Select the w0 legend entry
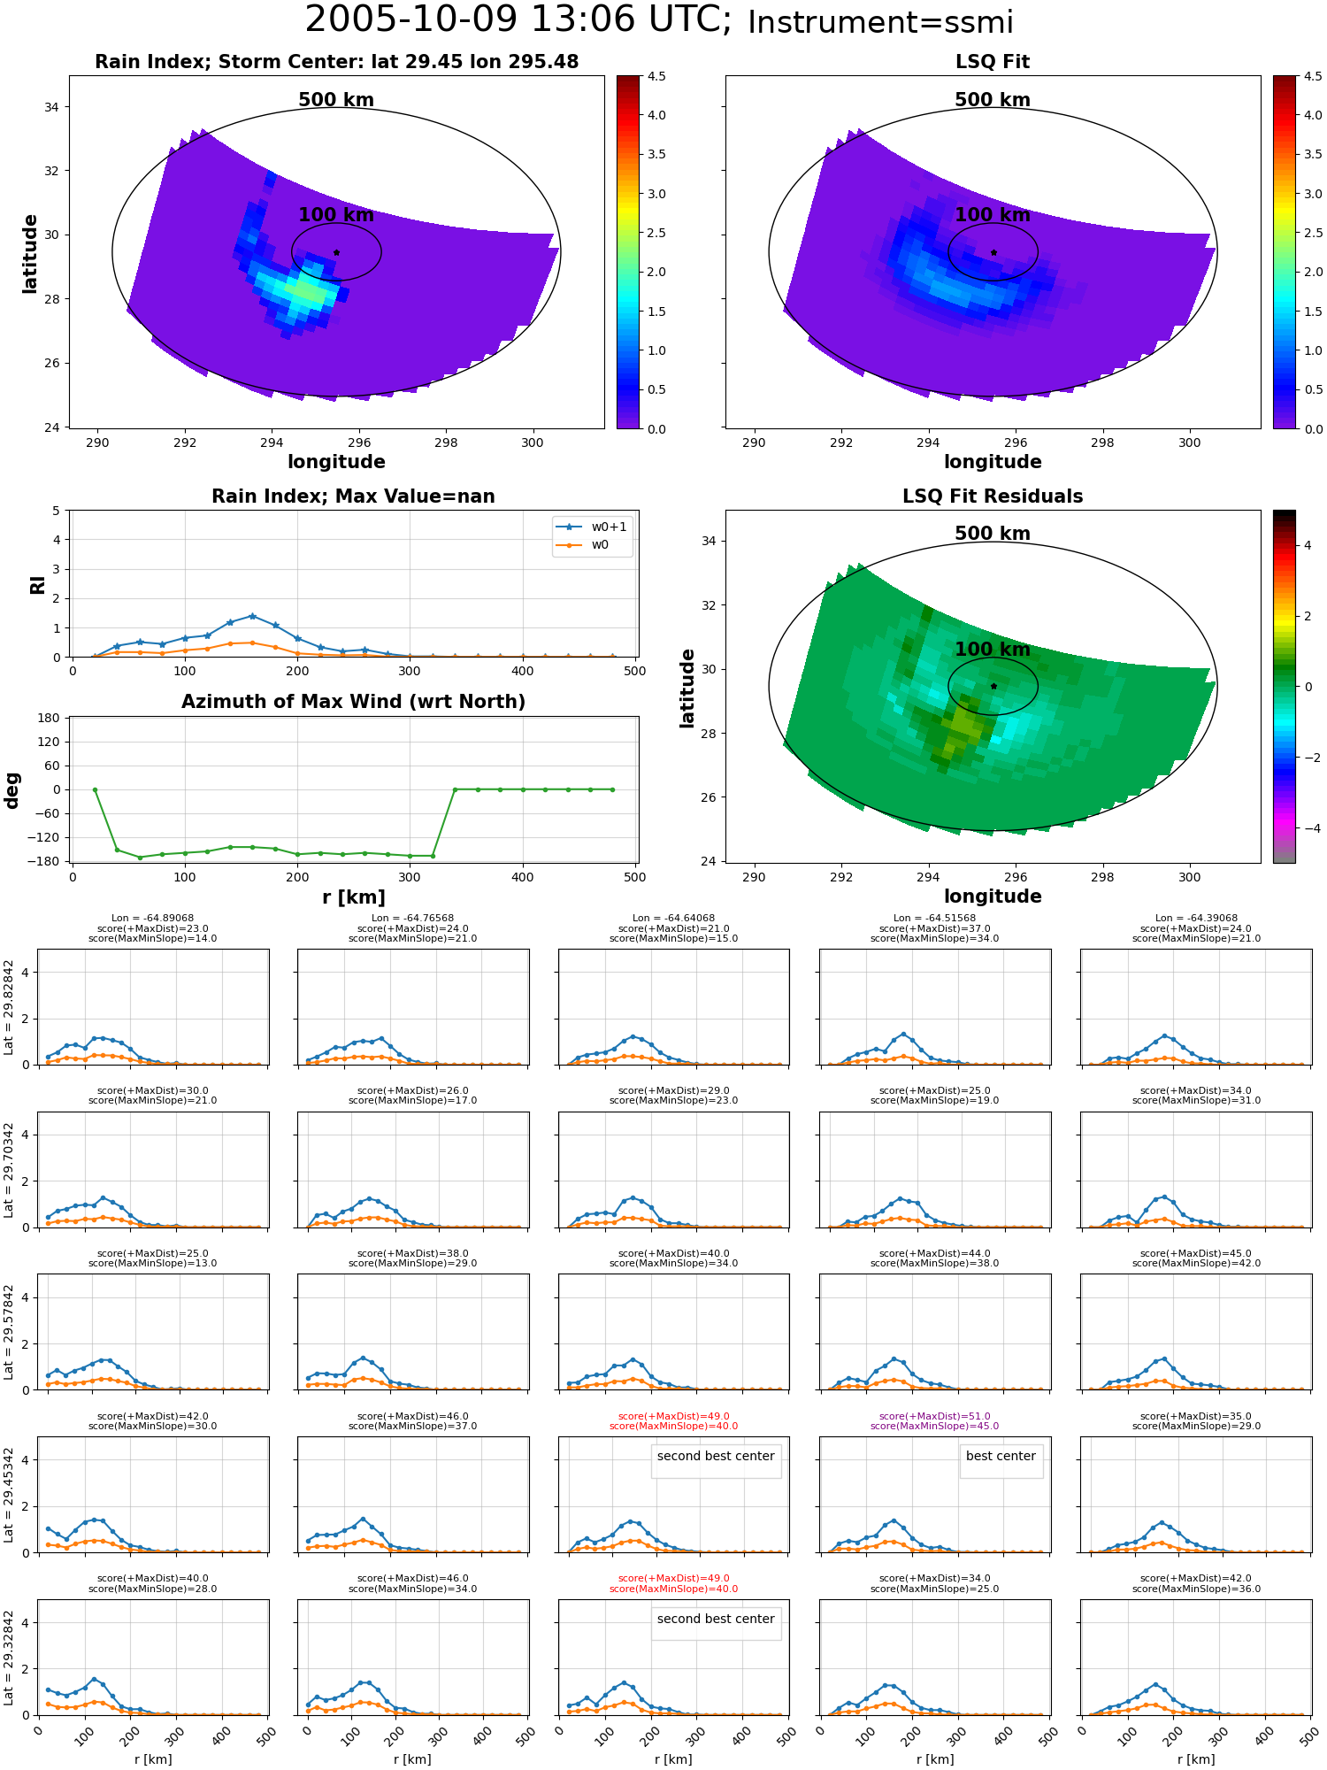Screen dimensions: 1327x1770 (x=583, y=545)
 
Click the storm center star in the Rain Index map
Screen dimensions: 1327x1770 (x=336, y=252)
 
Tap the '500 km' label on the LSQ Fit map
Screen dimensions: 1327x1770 (x=993, y=100)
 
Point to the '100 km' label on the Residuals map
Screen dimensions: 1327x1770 (x=993, y=650)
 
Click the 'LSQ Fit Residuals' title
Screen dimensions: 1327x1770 (x=993, y=496)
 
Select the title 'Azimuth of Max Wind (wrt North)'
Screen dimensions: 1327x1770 (x=353, y=702)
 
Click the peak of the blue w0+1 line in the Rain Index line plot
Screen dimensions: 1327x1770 (x=252, y=616)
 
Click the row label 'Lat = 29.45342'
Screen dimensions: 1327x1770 (x=9, y=1496)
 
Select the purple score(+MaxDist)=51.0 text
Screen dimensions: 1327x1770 (x=935, y=1416)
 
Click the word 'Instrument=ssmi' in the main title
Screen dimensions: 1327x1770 (x=880, y=23)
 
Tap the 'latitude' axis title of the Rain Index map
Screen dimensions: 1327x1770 (x=30, y=253)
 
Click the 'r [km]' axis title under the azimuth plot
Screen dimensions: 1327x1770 (x=354, y=897)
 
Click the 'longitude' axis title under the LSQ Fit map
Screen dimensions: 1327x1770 (x=993, y=462)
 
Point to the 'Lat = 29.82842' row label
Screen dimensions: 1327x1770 (x=9, y=1007)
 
